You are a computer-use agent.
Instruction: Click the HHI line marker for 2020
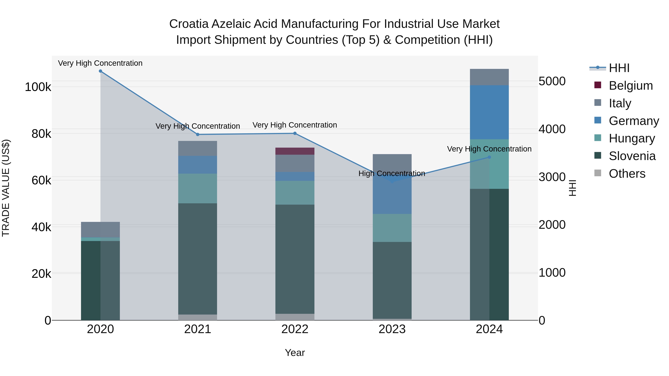(x=101, y=71)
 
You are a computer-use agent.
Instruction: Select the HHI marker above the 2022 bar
(x=295, y=133)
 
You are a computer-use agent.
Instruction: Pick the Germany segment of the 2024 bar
(x=489, y=112)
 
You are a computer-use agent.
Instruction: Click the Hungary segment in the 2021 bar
(x=198, y=188)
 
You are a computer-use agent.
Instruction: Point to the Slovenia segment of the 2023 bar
(x=392, y=280)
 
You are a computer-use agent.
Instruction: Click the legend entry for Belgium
(x=631, y=86)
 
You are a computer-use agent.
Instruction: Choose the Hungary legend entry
(x=632, y=138)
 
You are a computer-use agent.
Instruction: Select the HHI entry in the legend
(x=619, y=68)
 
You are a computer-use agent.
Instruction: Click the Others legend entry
(x=627, y=174)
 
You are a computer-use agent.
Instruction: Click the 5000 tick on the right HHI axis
(x=552, y=81)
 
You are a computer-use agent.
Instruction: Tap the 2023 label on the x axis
(x=392, y=329)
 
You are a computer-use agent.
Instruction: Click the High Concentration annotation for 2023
(x=392, y=173)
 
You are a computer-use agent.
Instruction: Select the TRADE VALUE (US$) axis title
(x=6, y=188)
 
